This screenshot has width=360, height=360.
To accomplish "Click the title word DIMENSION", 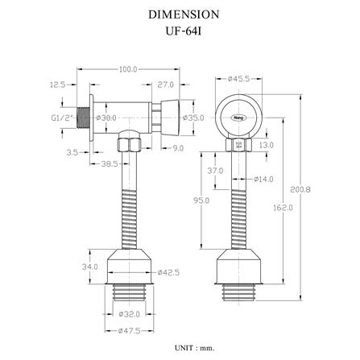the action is [184, 14].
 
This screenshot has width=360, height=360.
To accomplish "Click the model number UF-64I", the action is [184, 31].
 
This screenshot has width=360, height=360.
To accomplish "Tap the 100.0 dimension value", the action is [128, 69].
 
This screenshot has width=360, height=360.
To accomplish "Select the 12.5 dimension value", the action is [58, 85].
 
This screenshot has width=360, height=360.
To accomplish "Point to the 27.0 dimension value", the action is [166, 85].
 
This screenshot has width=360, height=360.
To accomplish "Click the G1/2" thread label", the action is [62, 118].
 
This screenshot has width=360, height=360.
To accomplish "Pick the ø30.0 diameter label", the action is [106, 118].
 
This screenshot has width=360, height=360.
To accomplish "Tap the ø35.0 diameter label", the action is [193, 118].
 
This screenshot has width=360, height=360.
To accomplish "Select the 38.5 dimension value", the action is [110, 163].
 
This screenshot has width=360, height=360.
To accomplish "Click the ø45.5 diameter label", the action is [238, 79].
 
